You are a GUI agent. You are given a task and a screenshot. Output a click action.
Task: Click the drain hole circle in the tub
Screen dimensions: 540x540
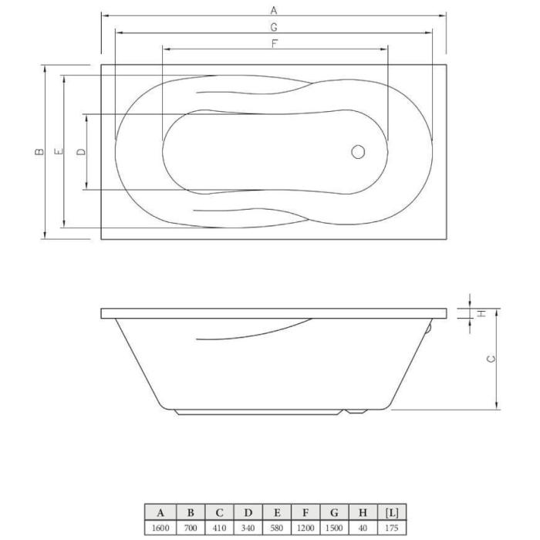pyautogui.click(x=358, y=152)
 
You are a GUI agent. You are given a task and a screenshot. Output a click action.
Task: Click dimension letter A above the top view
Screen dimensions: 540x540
pyautogui.click(x=274, y=11)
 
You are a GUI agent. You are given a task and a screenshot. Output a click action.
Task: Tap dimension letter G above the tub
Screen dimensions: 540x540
pyautogui.click(x=274, y=27)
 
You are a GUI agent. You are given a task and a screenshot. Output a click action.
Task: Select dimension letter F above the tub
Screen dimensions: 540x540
pyautogui.click(x=275, y=44)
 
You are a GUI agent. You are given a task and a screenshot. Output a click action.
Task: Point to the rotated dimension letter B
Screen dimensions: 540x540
pyautogui.click(x=39, y=151)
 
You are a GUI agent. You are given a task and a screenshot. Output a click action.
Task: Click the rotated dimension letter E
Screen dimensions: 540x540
pyautogui.click(x=59, y=151)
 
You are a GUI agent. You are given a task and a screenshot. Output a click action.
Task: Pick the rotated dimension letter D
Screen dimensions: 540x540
pyautogui.click(x=81, y=151)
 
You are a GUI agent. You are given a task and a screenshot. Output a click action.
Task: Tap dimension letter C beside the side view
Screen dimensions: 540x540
pyautogui.click(x=491, y=359)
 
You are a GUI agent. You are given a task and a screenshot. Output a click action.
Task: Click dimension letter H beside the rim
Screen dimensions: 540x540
pyautogui.click(x=481, y=313)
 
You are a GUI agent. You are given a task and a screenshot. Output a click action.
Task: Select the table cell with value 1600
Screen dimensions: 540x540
pyautogui.click(x=160, y=528)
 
